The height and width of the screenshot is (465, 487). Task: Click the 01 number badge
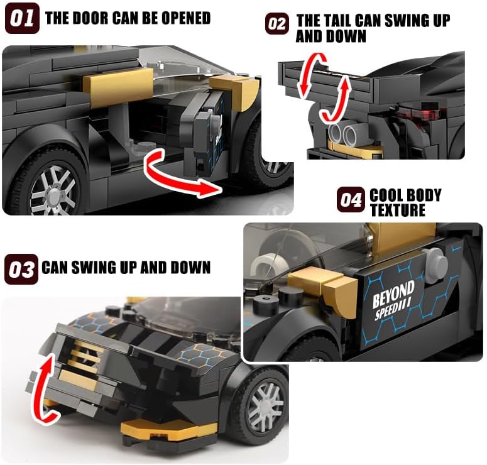23,18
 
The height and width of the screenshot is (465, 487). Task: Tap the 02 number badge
277,24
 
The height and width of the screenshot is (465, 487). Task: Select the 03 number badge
21,270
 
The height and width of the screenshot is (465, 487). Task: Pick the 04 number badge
351,200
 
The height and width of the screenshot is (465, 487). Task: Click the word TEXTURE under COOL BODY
398,210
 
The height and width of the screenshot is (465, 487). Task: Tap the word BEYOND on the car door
393,294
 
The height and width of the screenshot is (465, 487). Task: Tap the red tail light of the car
421,115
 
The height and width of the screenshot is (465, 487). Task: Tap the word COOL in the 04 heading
386,195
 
